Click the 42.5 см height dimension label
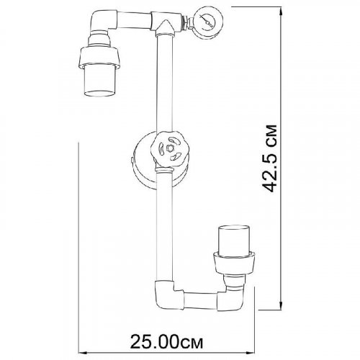click(x=269, y=158)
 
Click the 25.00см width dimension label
click(x=166, y=341)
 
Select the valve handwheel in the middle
click(x=170, y=149)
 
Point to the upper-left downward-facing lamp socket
click(x=98, y=64)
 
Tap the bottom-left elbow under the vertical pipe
click(x=166, y=294)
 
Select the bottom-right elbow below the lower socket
click(x=231, y=299)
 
